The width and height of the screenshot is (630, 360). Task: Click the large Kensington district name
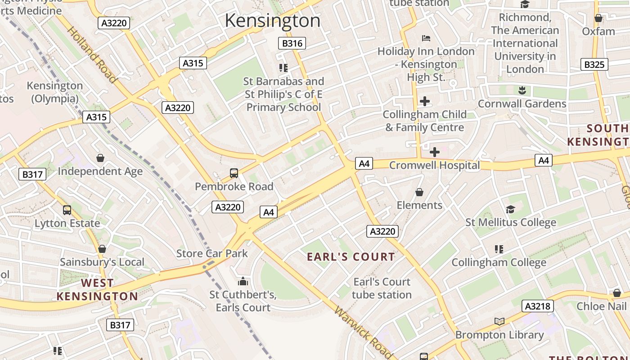[x=272, y=21]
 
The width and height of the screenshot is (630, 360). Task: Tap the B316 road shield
[x=292, y=43]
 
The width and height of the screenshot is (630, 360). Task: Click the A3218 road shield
[x=537, y=306]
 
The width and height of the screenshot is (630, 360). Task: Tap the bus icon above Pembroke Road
[x=234, y=173]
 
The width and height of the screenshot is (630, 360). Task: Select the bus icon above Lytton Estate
[x=67, y=210]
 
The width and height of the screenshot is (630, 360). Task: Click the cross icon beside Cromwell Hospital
[x=434, y=152]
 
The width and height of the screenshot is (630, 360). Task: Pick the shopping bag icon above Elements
[x=419, y=192]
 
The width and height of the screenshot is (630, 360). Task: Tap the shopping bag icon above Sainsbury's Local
[x=102, y=249]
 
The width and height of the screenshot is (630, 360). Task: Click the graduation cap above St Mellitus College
[x=510, y=209]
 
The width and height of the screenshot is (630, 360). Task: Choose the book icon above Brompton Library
[x=499, y=321]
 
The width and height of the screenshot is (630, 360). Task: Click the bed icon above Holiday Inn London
[x=426, y=38]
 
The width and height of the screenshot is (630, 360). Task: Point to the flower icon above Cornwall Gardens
[x=522, y=90]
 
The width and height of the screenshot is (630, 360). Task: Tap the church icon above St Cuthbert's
[x=243, y=282]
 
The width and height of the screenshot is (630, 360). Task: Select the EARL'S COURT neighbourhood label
[x=351, y=257]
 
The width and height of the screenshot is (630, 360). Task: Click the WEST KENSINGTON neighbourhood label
[x=97, y=290]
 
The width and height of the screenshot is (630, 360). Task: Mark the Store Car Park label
[x=212, y=253]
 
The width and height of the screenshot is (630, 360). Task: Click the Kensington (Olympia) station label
[x=55, y=92]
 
